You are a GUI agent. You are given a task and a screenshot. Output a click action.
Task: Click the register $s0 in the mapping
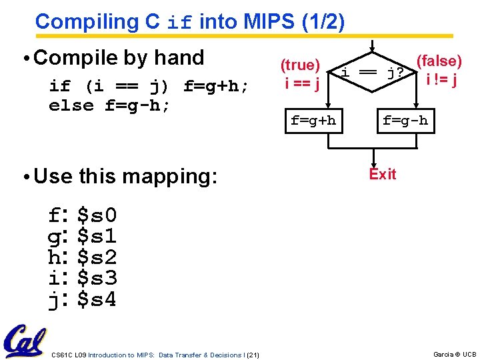97,215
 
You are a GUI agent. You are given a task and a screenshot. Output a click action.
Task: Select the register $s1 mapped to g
97,236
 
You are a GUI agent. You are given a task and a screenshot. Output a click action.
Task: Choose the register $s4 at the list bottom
97,300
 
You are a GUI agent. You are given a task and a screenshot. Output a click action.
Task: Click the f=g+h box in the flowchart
313,121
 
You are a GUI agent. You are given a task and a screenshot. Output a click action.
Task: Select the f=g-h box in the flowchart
405,121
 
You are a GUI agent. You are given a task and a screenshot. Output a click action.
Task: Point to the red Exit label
382,175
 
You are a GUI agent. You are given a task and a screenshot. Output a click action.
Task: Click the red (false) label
439,61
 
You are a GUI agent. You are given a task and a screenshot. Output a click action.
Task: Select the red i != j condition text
441,80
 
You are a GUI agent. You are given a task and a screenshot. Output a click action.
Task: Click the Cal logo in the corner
25,341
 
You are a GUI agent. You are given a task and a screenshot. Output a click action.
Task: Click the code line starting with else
110,105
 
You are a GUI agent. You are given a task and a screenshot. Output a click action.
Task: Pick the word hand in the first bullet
177,58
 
